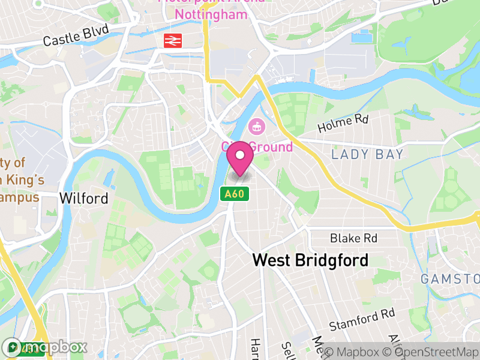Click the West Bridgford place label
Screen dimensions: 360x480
pos(310,260)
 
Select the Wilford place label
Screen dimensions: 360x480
pos(84,198)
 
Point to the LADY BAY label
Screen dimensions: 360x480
pos(367,155)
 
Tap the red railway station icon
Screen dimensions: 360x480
pos(173,40)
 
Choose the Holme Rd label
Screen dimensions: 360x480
pos(343,124)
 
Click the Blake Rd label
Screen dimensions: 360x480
pos(354,238)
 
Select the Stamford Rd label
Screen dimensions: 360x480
pos(362,320)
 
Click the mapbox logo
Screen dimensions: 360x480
pos(45,347)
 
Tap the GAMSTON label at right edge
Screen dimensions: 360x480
pos(450,279)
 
